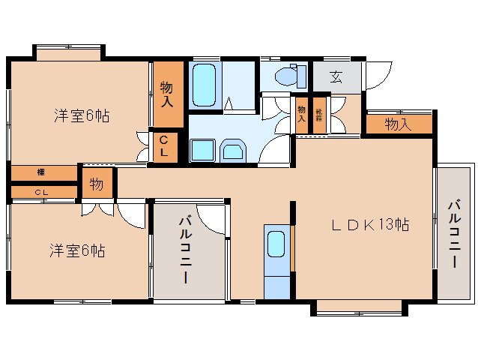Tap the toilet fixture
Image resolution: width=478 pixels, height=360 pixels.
click(x=288, y=76)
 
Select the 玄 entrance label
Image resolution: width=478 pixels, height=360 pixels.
click(x=336, y=76)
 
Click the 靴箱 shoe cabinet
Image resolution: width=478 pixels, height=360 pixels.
click(x=320, y=115)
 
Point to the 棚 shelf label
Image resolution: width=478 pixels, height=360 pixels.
click(x=40, y=173)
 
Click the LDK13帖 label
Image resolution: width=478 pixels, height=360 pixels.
click(x=371, y=224)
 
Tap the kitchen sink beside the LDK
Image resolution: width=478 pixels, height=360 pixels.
click(x=276, y=244)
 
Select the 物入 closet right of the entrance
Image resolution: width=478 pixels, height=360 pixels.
click(x=399, y=124)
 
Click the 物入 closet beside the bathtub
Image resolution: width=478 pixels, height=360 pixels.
click(x=169, y=94)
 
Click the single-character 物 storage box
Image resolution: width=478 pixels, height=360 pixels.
click(x=97, y=183)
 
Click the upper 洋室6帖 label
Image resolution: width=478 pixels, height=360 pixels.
click(x=81, y=116)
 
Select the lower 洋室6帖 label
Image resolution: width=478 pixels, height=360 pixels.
click(x=77, y=250)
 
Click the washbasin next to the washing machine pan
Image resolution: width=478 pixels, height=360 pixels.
click(x=234, y=151)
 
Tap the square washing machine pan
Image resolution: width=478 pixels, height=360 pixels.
click(x=203, y=150)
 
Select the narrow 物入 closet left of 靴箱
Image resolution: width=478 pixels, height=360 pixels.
click(x=302, y=115)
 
